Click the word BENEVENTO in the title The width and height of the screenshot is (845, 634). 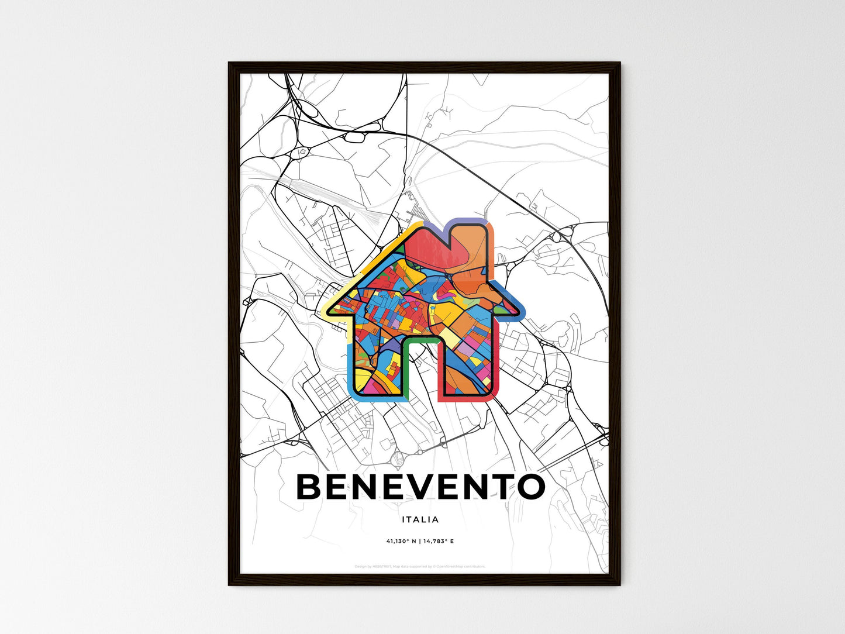coord(421,487)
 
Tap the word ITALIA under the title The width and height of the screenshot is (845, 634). coord(420,519)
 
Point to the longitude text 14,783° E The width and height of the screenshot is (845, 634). coord(438,542)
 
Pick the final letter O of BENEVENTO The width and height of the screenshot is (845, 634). coord(531,487)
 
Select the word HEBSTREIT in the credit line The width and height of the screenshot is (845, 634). coord(382,566)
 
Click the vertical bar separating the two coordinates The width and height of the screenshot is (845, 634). coord(419,542)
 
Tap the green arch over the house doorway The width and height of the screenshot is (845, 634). coord(419,340)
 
